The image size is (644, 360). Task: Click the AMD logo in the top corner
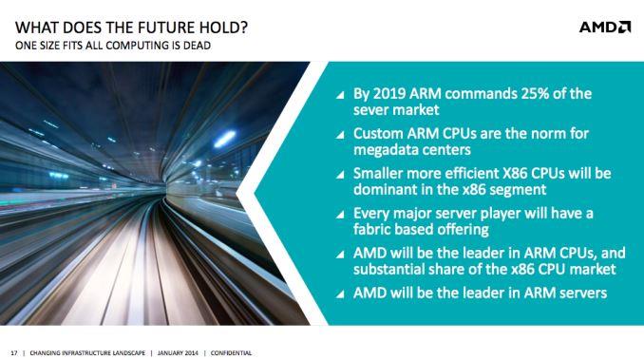[604, 27]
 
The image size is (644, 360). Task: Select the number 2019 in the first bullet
[389, 93]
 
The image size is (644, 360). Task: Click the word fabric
[373, 231]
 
